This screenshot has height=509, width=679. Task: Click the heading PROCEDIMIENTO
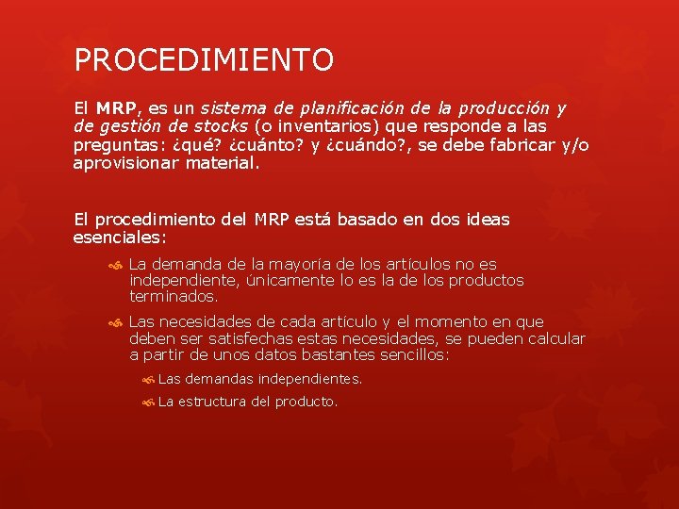[x=204, y=60]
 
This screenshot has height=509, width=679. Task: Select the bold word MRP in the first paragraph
[x=117, y=108]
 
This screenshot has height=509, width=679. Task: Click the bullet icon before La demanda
[x=115, y=265]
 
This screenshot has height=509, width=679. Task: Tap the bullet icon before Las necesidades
[x=115, y=322]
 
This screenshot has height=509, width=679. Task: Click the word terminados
[x=174, y=296]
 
